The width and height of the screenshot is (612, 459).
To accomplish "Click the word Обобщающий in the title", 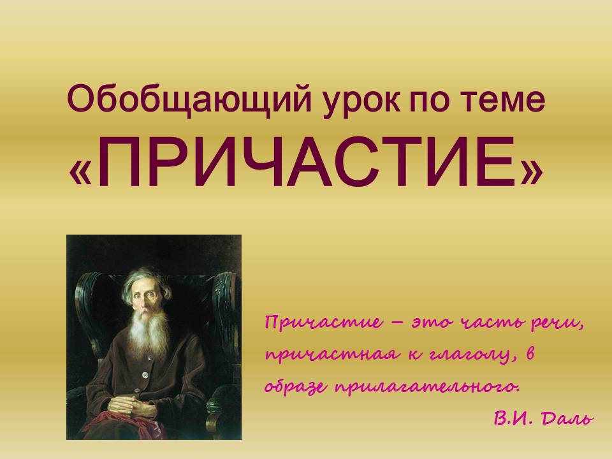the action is (x=189, y=99).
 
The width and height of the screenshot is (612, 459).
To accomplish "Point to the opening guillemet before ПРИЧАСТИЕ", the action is (x=80, y=171).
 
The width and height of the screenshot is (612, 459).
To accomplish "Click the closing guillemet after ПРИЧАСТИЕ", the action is (x=531, y=171).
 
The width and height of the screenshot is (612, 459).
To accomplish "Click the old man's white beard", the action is (x=149, y=331).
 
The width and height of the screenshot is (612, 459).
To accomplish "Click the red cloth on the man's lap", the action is (x=117, y=425).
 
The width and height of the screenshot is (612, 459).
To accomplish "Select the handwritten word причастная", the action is (x=332, y=355).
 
